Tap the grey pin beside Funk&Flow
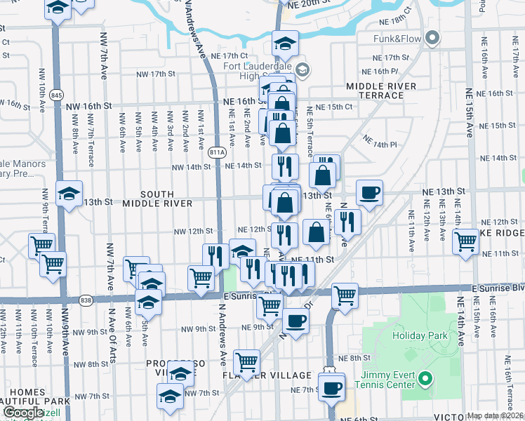(x=432, y=38)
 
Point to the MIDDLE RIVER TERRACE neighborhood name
(x=381, y=90)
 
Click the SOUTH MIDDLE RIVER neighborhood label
(x=157, y=199)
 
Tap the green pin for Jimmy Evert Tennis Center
(x=424, y=380)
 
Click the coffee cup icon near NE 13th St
(x=369, y=193)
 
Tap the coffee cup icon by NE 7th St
(x=331, y=387)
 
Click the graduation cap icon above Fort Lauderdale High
(x=285, y=44)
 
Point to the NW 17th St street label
(x=157, y=74)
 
